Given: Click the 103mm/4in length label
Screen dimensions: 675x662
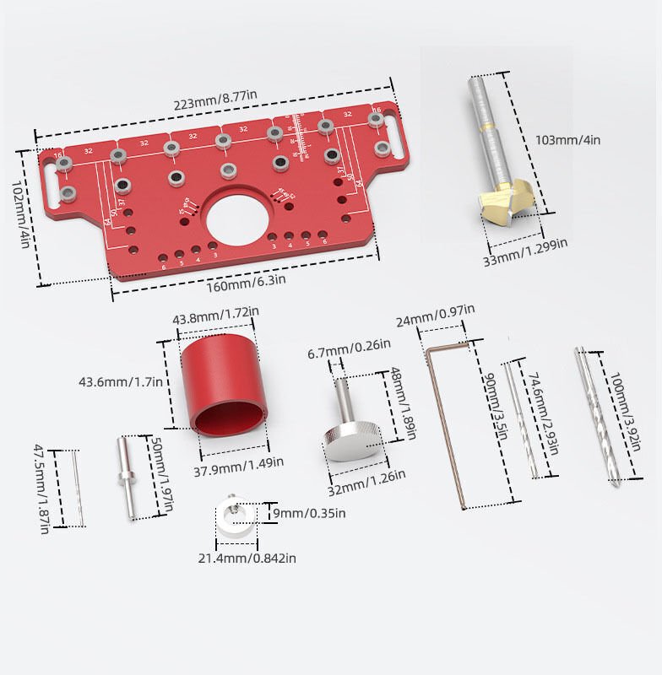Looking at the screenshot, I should (x=568, y=140).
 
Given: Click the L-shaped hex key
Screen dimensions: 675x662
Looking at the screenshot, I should (x=448, y=422).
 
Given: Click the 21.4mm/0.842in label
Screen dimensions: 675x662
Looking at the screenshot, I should (x=247, y=557).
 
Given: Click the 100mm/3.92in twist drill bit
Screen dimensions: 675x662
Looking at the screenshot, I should (x=598, y=417).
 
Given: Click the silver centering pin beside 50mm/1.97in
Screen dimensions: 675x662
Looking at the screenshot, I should (x=125, y=475).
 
